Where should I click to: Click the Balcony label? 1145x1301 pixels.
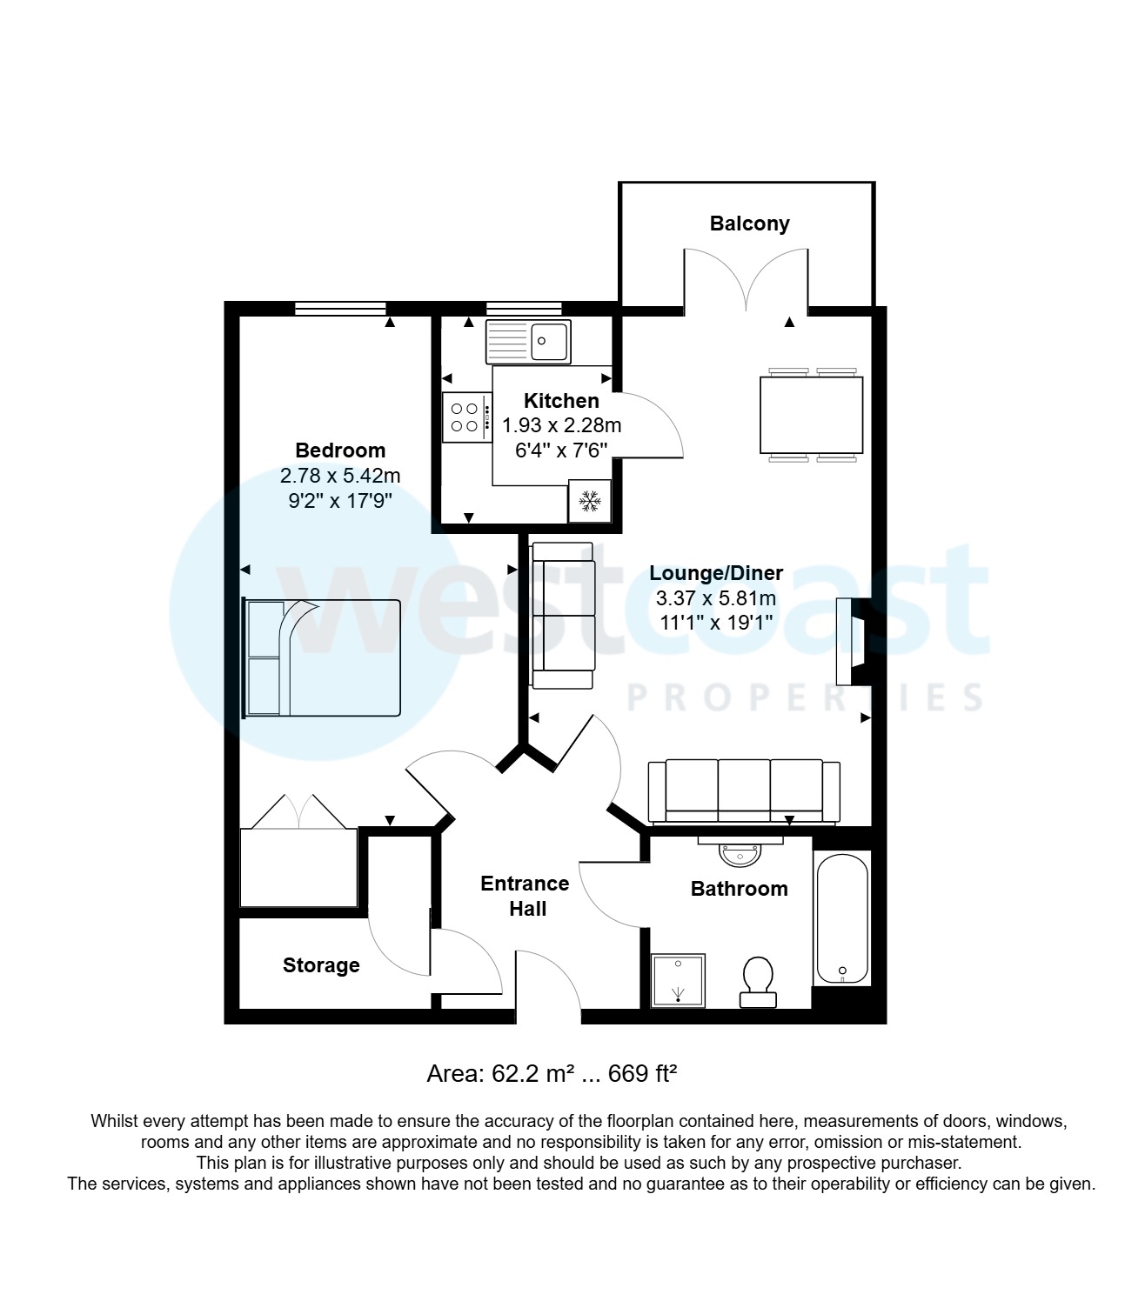click(749, 224)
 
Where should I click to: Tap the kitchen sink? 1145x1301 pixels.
click(528, 341)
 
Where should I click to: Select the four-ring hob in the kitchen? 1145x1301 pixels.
click(465, 417)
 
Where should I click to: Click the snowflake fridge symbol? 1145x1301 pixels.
click(590, 501)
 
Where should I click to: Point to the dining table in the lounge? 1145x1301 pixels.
click(811, 415)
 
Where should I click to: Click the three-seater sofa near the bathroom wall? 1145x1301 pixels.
click(744, 790)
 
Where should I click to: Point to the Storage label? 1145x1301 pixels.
click(321, 965)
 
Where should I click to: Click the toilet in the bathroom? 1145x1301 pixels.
click(759, 981)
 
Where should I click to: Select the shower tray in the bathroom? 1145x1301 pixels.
click(679, 980)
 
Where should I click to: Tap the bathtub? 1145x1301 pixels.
click(841, 918)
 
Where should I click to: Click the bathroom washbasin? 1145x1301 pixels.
click(740, 851)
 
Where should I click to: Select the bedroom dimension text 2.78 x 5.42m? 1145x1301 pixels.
click(340, 476)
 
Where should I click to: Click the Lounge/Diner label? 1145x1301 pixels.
click(716, 573)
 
